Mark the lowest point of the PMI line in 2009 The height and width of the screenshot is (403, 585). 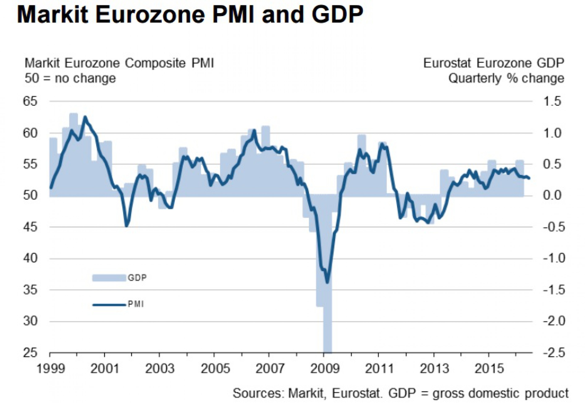pyautogui.click(x=327, y=283)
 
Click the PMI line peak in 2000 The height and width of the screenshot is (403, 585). pyautogui.click(x=85, y=117)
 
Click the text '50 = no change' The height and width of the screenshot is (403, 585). pyautogui.click(x=70, y=79)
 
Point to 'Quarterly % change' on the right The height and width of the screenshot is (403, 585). pyautogui.click(x=506, y=79)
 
